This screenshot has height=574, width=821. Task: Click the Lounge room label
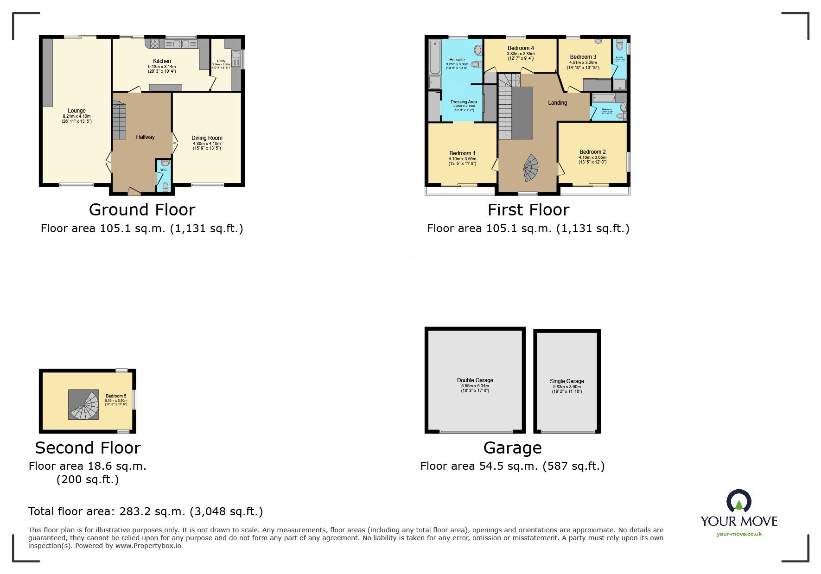pos(77,111)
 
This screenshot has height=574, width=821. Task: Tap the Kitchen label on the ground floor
pos(162,61)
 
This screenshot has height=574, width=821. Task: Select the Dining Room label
pos(207,138)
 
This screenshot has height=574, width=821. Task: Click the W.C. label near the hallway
pos(164,170)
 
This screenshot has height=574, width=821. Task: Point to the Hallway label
pos(145,137)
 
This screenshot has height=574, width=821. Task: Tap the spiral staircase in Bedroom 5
pos(84,404)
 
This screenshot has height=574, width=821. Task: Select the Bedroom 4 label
pos(521,48)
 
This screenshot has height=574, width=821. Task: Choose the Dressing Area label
pos(464,102)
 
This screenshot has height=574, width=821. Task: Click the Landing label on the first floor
pos(557,103)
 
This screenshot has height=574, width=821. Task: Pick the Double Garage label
pos(475,380)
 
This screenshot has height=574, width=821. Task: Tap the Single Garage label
pos(567,381)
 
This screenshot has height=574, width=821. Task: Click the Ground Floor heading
pos(142,210)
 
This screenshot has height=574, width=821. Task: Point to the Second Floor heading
pos(88,448)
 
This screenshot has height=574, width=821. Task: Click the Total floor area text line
pos(146,511)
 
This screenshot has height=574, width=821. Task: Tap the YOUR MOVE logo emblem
pos(738,501)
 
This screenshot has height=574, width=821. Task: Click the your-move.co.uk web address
pos(739,534)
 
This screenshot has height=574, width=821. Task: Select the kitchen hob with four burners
pos(155,44)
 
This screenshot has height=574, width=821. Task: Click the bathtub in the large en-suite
pos(434,57)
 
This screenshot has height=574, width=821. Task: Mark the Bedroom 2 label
pos(592,152)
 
